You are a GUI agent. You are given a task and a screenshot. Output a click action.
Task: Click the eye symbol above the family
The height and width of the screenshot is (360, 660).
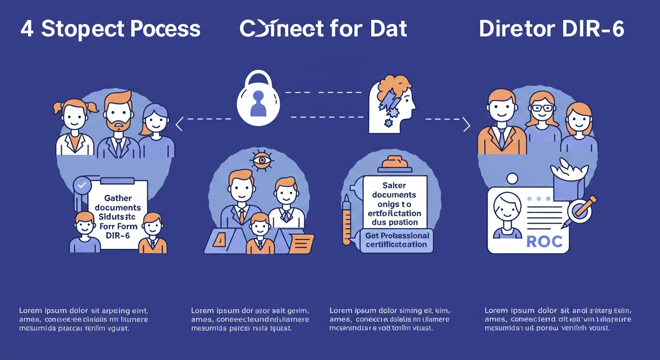coord(262,160)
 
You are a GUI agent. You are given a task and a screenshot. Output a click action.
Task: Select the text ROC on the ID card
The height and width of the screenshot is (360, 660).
coord(544,241)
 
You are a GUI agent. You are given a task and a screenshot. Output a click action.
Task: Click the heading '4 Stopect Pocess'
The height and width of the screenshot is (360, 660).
coord(111,29)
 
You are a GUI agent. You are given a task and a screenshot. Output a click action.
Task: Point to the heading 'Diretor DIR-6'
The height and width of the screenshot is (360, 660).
coord(552,29)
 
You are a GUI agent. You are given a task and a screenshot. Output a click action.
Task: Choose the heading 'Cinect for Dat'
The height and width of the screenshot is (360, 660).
coord(323,29)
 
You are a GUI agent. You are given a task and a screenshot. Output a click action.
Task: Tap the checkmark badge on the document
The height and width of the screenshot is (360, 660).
coord(82,186)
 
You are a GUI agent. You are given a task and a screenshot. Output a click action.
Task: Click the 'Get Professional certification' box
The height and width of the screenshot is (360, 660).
coord(397,240)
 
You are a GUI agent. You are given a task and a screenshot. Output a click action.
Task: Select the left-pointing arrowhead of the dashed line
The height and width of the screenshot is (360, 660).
coord(179,124)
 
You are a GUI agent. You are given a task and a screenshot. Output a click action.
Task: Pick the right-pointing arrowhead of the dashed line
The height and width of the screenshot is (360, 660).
coord(466,124)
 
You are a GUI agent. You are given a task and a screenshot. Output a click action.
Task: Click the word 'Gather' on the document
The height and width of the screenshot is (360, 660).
coord(118,198)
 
